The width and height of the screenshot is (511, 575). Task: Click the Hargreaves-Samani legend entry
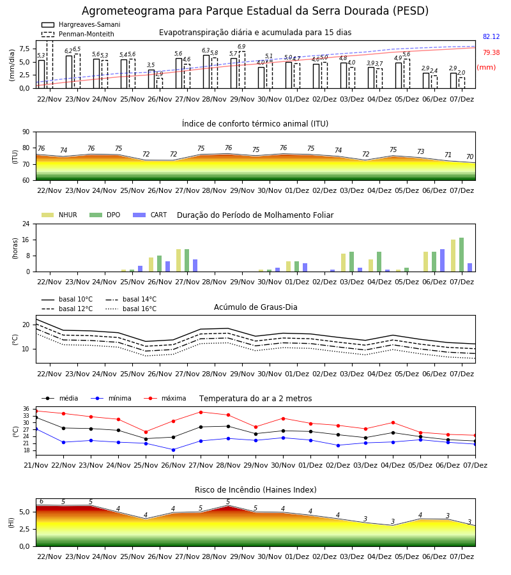(x=80, y=24)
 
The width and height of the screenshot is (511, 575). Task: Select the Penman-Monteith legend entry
(x=78, y=34)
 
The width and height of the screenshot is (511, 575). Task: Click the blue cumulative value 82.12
(x=491, y=36)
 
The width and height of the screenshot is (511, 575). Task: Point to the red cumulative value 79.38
(x=491, y=52)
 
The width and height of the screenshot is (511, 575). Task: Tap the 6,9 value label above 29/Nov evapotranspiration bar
(x=241, y=47)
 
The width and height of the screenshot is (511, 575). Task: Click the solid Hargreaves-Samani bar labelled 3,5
(x=151, y=79)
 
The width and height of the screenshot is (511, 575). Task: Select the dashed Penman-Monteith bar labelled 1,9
(x=160, y=83)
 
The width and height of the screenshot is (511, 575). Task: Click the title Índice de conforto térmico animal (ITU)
(x=255, y=123)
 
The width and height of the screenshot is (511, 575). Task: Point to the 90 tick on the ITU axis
(x=26, y=132)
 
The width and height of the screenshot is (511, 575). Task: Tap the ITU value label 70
(x=469, y=157)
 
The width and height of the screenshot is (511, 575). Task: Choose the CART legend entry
(x=150, y=215)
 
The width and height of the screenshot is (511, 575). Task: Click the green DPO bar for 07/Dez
(x=462, y=255)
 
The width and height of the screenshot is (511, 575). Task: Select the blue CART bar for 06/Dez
(x=443, y=261)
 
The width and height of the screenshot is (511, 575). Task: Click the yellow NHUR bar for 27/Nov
(x=178, y=261)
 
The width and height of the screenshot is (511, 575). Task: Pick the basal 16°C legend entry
(x=131, y=309)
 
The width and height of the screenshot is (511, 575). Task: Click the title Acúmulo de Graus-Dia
(x=256, y=307)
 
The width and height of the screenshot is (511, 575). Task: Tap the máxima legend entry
(x=165, y=398)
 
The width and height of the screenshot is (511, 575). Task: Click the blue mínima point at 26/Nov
(x=173, y=450)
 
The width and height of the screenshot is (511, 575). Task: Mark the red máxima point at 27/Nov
(x=201, y=412)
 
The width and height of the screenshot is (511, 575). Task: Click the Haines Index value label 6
(x=42, y=502)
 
